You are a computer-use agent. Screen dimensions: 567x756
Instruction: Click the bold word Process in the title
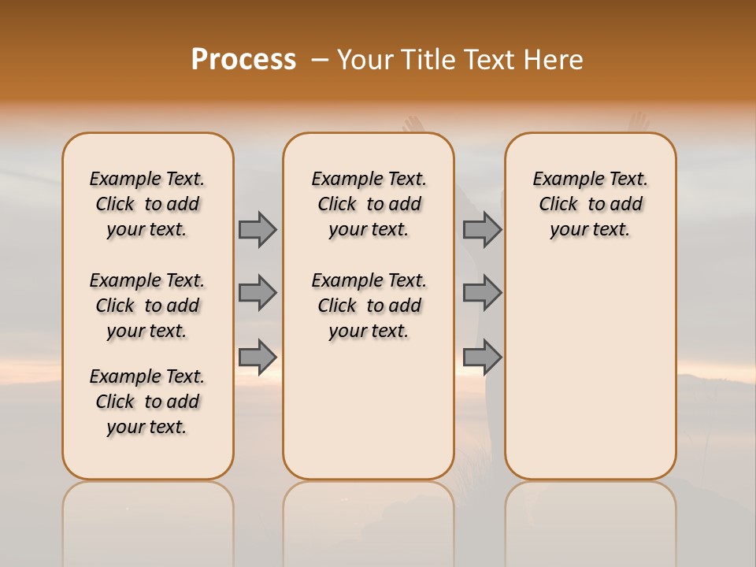pyautogui.click(x=243, y=60)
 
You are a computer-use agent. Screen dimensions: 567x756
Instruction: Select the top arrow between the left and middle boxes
pyautogui.click(x=258, y=229)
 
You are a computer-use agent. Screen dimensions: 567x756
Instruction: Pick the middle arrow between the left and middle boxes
pyautogui.click(x=258, y=293)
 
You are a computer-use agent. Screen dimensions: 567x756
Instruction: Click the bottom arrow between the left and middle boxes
pyautogui.click(x=258, y=357)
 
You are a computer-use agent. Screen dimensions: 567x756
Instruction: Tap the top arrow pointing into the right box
pyautogui.click(x=482, y=229)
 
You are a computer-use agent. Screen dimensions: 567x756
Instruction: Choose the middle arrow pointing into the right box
pyautogui.click(x=482, y=293)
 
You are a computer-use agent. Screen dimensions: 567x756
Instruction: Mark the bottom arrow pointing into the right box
pyautogui.click(x=482, y=357)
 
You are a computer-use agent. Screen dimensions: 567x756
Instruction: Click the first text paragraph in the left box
pyautogui.click(x=147, y=204)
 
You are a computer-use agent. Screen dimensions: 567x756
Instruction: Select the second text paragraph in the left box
pyautogui.click(x=147, y=306)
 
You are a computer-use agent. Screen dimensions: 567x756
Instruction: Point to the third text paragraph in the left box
pyautogui.click(x=147, y=402)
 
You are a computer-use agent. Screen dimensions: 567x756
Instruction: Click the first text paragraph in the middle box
pyautogui.click(x=369, y=204)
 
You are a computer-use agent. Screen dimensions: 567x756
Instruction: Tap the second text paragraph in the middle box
pyautogui.click(x=369, y=306)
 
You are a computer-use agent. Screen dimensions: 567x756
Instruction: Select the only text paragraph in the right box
pyautogui.click(x=591, y=204)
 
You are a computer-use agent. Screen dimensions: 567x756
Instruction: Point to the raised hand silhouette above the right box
pyautogui.click(x=637, y=122)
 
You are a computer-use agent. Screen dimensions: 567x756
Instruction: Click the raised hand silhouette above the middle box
pyautogui.click(x=412, y=124)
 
